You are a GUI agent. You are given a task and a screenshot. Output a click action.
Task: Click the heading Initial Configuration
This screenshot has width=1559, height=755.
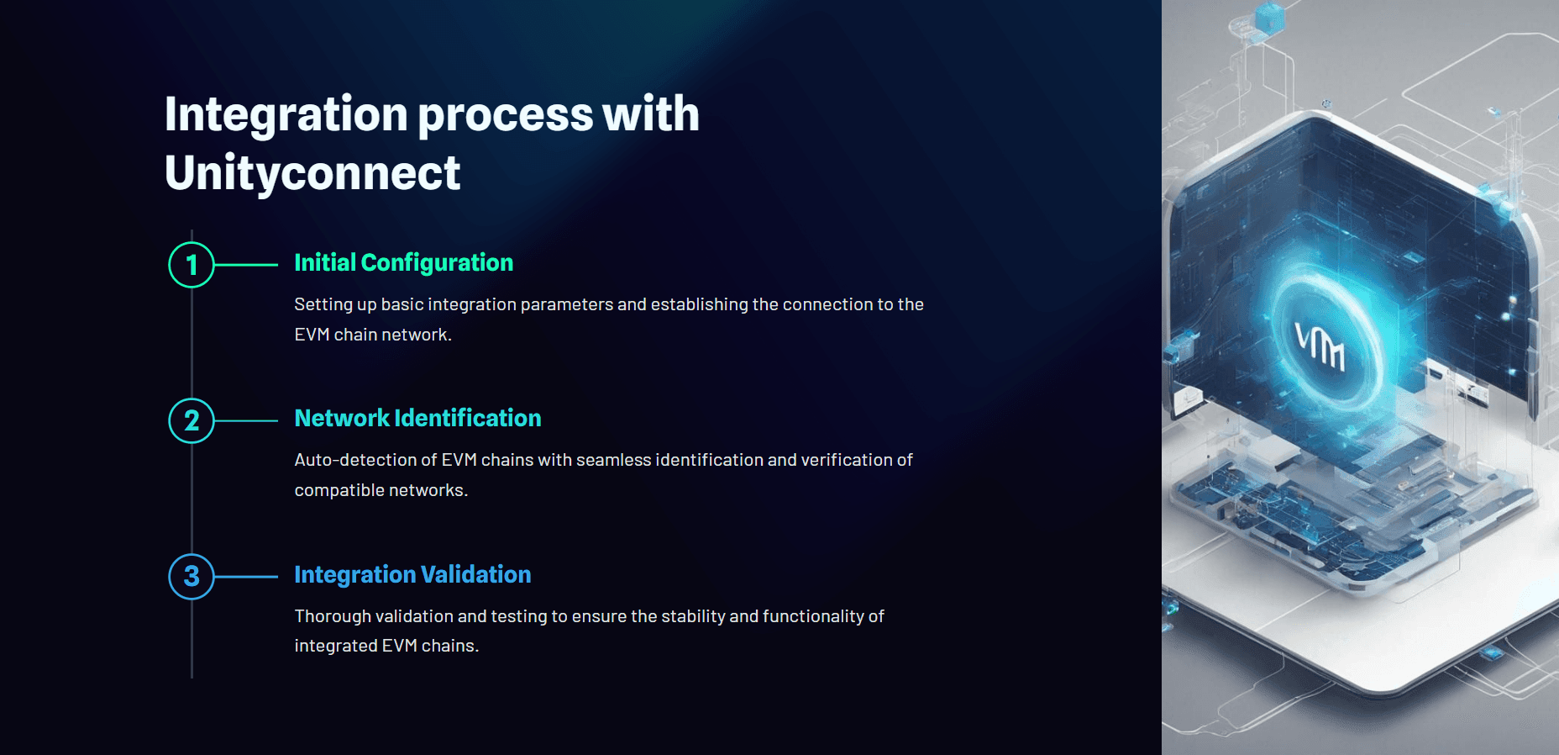tap(403, 263)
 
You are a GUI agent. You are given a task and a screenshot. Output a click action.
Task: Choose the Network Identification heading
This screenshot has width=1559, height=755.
tap(417, 418)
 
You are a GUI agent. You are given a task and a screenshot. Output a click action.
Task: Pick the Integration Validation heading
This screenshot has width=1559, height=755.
tap(412, 575)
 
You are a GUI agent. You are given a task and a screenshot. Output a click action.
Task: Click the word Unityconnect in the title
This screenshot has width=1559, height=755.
tap(312, 174)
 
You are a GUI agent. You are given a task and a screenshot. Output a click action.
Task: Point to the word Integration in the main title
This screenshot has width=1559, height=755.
tap(286, 115)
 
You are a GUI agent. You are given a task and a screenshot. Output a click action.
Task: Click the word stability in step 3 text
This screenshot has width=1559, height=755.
tap(693, 616)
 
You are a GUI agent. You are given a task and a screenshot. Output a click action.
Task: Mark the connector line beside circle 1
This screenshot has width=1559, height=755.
tap(246, 265)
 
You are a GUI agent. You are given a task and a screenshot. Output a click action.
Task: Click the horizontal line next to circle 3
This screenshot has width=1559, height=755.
tap(246, 577)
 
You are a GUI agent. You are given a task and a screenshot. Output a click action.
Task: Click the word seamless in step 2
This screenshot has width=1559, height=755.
tap(613, 460)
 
